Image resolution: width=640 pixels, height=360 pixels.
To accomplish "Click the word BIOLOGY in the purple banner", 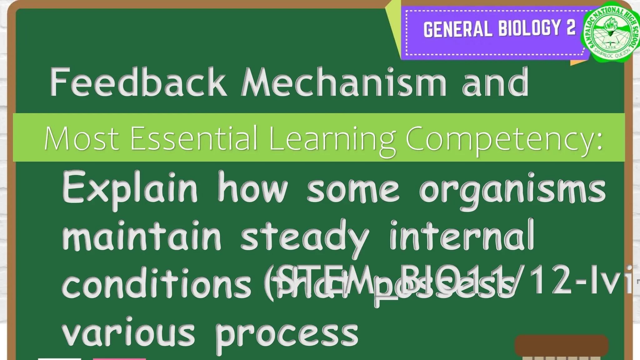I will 529,28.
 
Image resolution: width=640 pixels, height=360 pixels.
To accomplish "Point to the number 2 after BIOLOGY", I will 571,27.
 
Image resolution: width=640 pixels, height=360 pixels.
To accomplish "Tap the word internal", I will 462,236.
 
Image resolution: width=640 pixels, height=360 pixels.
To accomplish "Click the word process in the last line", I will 287,334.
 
